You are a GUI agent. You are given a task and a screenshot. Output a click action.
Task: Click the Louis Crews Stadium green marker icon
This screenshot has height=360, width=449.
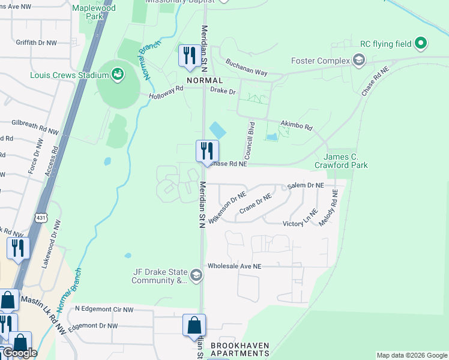118,74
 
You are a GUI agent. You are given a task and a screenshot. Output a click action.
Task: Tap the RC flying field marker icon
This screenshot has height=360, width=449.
421,43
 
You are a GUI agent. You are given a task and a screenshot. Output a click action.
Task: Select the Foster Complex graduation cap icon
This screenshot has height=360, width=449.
358,60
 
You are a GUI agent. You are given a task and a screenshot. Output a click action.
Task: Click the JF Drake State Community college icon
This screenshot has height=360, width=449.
196,275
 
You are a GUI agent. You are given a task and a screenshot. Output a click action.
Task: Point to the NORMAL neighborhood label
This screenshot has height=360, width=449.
205,80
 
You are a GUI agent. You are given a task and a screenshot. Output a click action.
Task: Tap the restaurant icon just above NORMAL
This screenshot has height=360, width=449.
190,56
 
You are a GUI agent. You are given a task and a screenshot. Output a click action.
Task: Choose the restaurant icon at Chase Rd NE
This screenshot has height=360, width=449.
207,151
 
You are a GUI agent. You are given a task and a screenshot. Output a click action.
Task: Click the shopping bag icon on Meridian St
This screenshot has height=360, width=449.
194,325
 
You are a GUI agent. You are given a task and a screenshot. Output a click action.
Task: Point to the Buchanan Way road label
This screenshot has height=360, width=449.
246,67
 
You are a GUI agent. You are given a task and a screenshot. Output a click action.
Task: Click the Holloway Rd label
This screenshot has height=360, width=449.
166,91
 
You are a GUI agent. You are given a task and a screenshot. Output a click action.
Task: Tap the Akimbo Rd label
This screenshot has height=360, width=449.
297,126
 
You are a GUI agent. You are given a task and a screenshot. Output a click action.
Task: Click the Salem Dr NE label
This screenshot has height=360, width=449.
306,187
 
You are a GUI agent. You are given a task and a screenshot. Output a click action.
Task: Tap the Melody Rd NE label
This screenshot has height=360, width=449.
329,208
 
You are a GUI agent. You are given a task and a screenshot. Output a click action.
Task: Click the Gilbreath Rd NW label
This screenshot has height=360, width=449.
35,127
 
